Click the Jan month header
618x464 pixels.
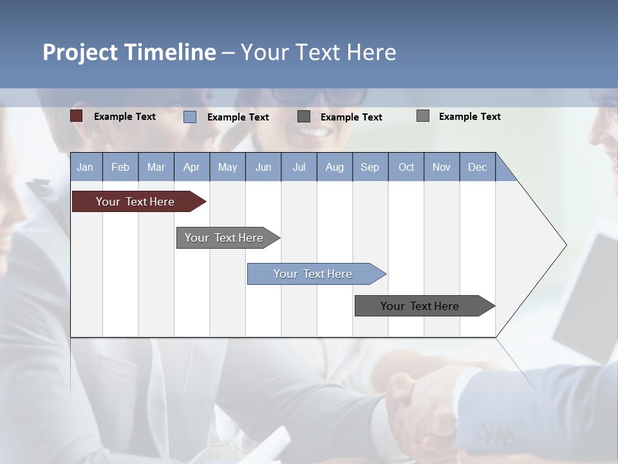85,167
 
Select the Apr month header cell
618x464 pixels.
191,167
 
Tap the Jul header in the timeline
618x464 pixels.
299,167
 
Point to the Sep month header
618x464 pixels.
370,167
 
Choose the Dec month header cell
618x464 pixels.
477,167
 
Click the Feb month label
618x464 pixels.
120,167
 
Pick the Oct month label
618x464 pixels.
406,167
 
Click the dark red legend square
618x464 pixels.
77,116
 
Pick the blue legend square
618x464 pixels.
190,117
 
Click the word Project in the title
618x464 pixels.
81,52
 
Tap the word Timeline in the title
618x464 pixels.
170,52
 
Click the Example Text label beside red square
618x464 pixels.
125,117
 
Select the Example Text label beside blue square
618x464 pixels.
238,117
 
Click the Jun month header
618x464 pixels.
263,167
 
